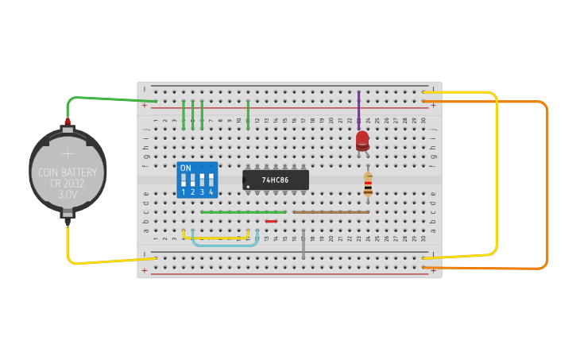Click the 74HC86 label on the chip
point(275,180)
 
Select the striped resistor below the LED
point(368,184)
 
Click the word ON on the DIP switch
point(186,168)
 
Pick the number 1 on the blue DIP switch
point(184,192)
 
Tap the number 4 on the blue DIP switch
point(211,192)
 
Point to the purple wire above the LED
point(358,107)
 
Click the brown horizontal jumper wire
point(331,212)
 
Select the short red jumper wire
point(271,221)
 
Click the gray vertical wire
point(303,243)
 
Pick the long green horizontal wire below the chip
point(243,212)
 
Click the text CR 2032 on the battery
point(68,183)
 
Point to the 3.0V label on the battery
point(68,193)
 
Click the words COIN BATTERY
point(68,172)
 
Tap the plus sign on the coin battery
point(68,153)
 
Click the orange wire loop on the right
point(547,183)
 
